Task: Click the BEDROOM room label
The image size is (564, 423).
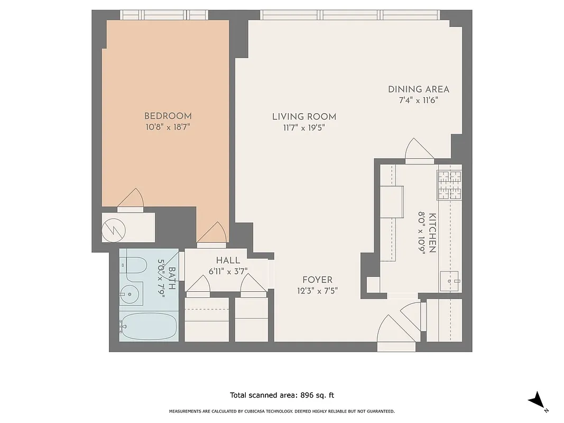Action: point(168,116)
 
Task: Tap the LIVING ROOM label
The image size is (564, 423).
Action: point(304,117)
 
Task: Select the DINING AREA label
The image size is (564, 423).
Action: point(418,89)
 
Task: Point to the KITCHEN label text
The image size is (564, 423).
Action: point(432,233)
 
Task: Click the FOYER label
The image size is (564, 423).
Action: point(317,280)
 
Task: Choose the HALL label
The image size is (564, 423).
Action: point(228,261)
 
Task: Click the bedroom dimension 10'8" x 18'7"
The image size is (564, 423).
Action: point(168,127)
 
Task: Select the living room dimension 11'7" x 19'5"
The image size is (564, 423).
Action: point(304,127)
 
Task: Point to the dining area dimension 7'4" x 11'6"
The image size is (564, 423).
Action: point(418,100)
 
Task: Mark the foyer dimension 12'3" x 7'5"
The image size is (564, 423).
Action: point(317,290)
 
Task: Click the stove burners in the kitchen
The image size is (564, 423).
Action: point(449,185)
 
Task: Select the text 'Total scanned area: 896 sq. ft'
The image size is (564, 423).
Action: point(282,395)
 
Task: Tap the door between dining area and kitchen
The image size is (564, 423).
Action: point(419,149)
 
